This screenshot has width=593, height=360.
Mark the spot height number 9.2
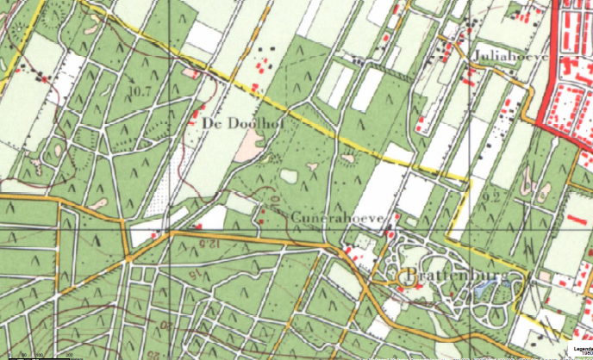(x=493, y=199)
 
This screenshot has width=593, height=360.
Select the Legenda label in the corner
(x=579, y=349)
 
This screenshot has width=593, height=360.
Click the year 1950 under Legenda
(x=582, y=355)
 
